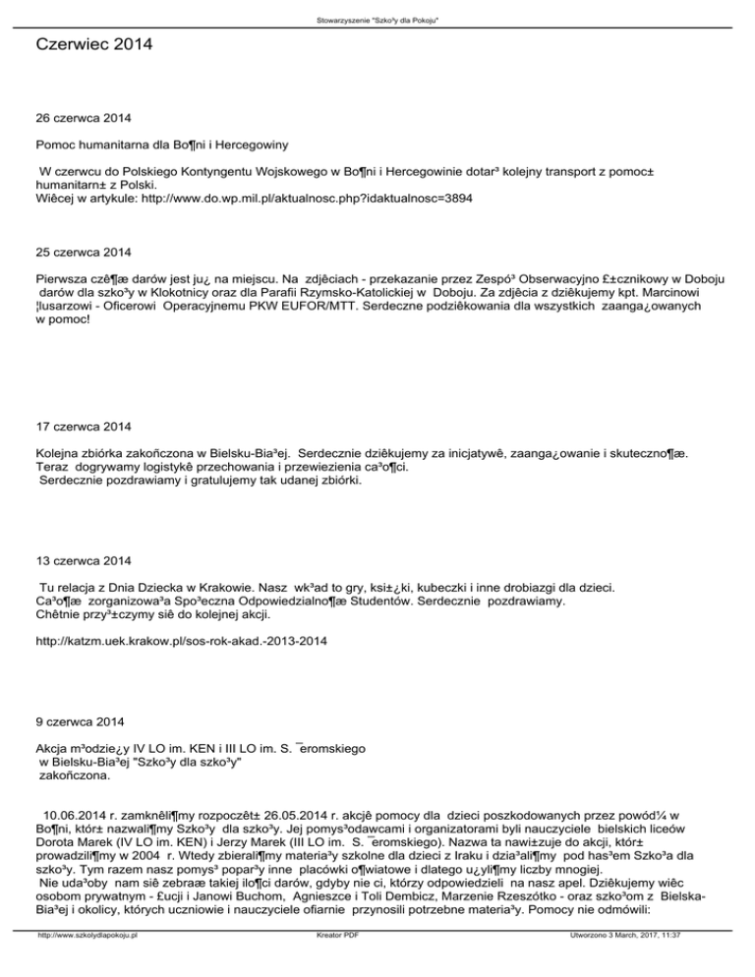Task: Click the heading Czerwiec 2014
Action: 94,44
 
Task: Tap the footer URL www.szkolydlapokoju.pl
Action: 86,965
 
